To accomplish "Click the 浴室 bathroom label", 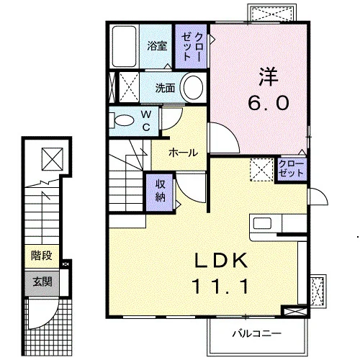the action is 157,45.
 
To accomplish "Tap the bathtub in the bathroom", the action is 125,46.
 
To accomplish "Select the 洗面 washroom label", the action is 165,88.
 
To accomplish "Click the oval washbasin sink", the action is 193,87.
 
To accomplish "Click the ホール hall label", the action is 184,153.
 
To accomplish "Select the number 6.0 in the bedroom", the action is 268,103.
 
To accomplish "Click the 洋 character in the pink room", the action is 269,77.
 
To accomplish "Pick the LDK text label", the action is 221,261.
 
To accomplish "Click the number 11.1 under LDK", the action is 220,287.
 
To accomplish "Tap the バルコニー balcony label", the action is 256,333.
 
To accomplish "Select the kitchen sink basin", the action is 262,223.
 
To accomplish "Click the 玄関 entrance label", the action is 42,282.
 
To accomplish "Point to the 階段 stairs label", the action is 42,256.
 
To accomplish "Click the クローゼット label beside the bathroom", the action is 191,47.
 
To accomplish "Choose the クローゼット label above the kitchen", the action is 291,168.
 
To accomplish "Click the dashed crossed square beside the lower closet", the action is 262,170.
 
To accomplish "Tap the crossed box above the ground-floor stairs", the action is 53,159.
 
